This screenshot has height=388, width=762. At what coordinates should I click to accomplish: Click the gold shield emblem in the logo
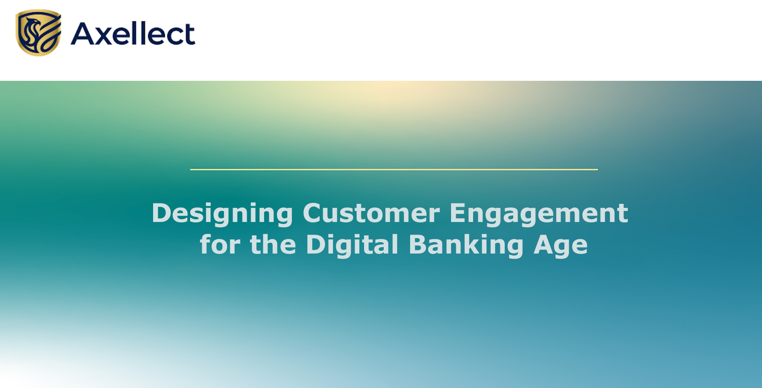click(39, 33)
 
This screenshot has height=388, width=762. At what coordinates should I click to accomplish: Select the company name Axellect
click(133, 33)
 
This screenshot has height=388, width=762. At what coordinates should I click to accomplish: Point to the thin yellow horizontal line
click(394, 170)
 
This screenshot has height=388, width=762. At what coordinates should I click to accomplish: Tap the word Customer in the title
click(371, 213)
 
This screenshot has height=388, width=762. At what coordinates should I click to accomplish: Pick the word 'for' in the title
click(220, 244)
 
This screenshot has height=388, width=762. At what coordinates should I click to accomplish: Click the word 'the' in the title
click(273, 244)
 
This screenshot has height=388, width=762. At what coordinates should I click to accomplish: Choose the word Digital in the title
click(352, 245)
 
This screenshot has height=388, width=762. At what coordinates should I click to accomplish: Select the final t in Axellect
click(190, 35)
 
